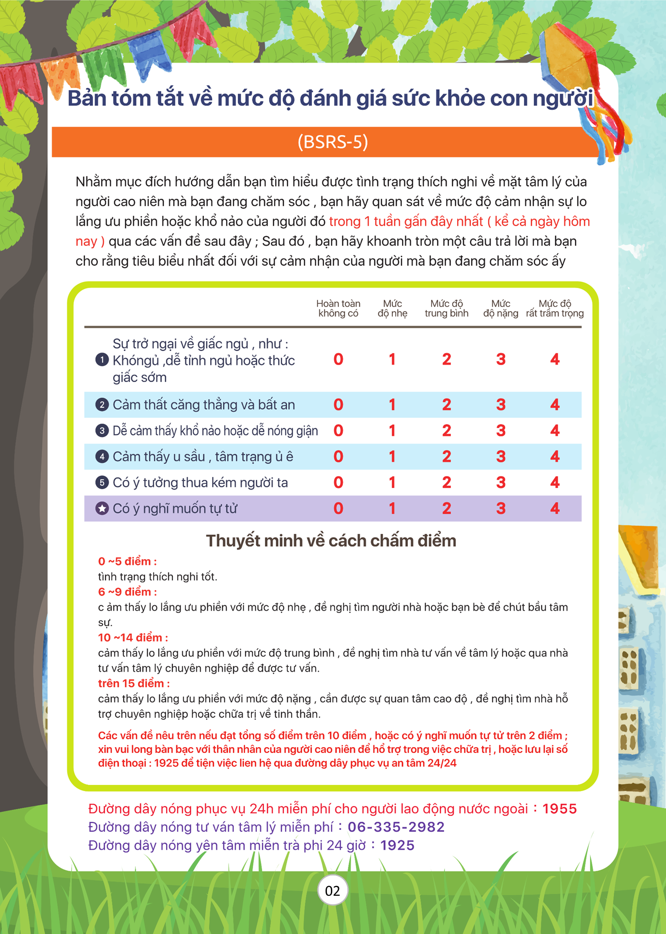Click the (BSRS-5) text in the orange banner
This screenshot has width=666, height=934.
(333, 142)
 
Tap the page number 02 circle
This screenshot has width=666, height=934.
(332, 890)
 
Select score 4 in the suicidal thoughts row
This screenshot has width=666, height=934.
(555, 508)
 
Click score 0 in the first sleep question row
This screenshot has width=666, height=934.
(338, 359)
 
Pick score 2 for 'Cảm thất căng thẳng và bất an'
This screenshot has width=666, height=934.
(446, 404)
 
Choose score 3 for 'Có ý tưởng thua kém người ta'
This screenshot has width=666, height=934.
(500, 482)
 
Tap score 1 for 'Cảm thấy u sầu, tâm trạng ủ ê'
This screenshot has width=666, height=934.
(392, 456)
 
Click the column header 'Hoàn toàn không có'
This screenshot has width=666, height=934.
(338, 308)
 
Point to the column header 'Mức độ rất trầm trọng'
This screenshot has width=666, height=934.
(555, 308)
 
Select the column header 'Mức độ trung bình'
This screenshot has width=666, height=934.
(446, 308)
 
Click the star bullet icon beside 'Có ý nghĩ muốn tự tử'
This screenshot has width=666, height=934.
(102, 508)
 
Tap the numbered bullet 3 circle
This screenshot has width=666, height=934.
(102, 430)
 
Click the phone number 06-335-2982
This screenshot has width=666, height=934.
(396, 827)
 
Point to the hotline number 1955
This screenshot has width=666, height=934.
(559, 809)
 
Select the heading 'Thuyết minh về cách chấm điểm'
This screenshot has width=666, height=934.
(331, 540)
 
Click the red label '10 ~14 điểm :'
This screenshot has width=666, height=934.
(133, 637)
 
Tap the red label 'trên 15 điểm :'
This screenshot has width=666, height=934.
(134, 683)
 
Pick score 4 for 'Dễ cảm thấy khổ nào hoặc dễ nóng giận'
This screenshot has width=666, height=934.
(555, 430)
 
